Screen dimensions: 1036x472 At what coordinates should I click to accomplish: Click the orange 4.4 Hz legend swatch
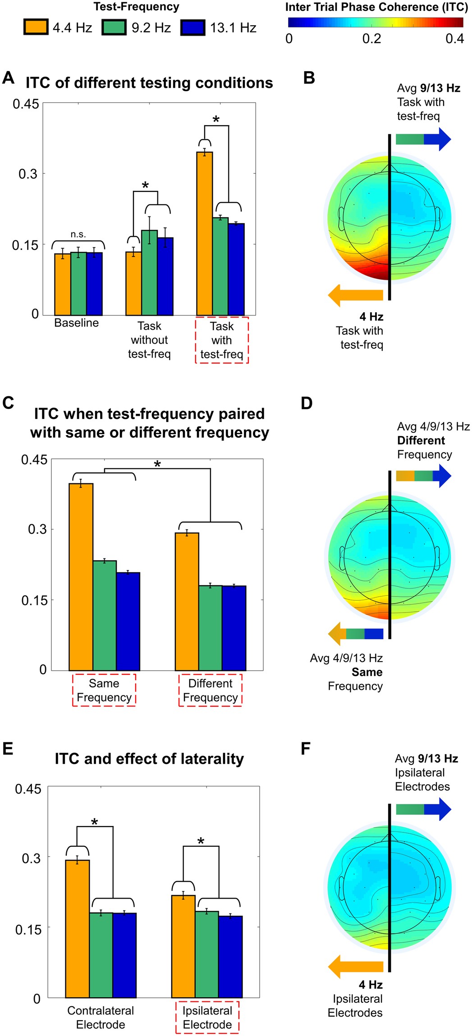pyautogui.click(x=36, y=27)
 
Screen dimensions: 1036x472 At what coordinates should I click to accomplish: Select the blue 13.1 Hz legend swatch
pyautogui.click(x=193, y=27)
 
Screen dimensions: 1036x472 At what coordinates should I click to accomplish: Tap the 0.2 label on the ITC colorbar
pyautogui.click(x=371, y=39)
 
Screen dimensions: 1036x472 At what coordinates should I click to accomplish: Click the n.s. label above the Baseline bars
pyautogui.click(x=78, y=234)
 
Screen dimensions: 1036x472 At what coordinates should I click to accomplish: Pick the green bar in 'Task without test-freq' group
pyautogui.click(x=150, y=273)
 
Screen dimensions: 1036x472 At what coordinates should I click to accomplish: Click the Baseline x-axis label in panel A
pyautogui.click(x=77, y=323)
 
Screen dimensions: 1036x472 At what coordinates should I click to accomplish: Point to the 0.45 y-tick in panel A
pyautogui.click(x=26, y=104)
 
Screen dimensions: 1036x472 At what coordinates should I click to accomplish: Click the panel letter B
pyautogui.click(x=309, y=78)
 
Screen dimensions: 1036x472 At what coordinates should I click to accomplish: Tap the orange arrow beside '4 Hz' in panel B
pyautogui.click(x=356, y=295)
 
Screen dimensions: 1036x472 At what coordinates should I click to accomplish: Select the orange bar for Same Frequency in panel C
pyautogui.click(x=81, y=577)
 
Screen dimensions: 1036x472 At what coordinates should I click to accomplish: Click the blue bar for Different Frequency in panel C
pyautogui.click(x=234, y=628)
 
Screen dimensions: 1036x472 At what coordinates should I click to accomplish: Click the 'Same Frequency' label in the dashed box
pyautogui.click(x=104, y=690)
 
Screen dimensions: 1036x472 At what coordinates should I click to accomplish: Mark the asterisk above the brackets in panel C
pyautogui.click(x=157, y=464)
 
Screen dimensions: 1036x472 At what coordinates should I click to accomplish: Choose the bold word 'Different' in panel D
pyautogui.click(x=421, y=441)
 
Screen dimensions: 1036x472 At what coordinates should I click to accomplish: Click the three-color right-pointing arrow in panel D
pyautogui.click(x=423, y=476)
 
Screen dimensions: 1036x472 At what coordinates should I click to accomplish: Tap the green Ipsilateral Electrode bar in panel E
pyautogui.click(x=207, y=954)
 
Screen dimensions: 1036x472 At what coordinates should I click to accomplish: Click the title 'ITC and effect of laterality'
pyautogui.click(x=149, y=759)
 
